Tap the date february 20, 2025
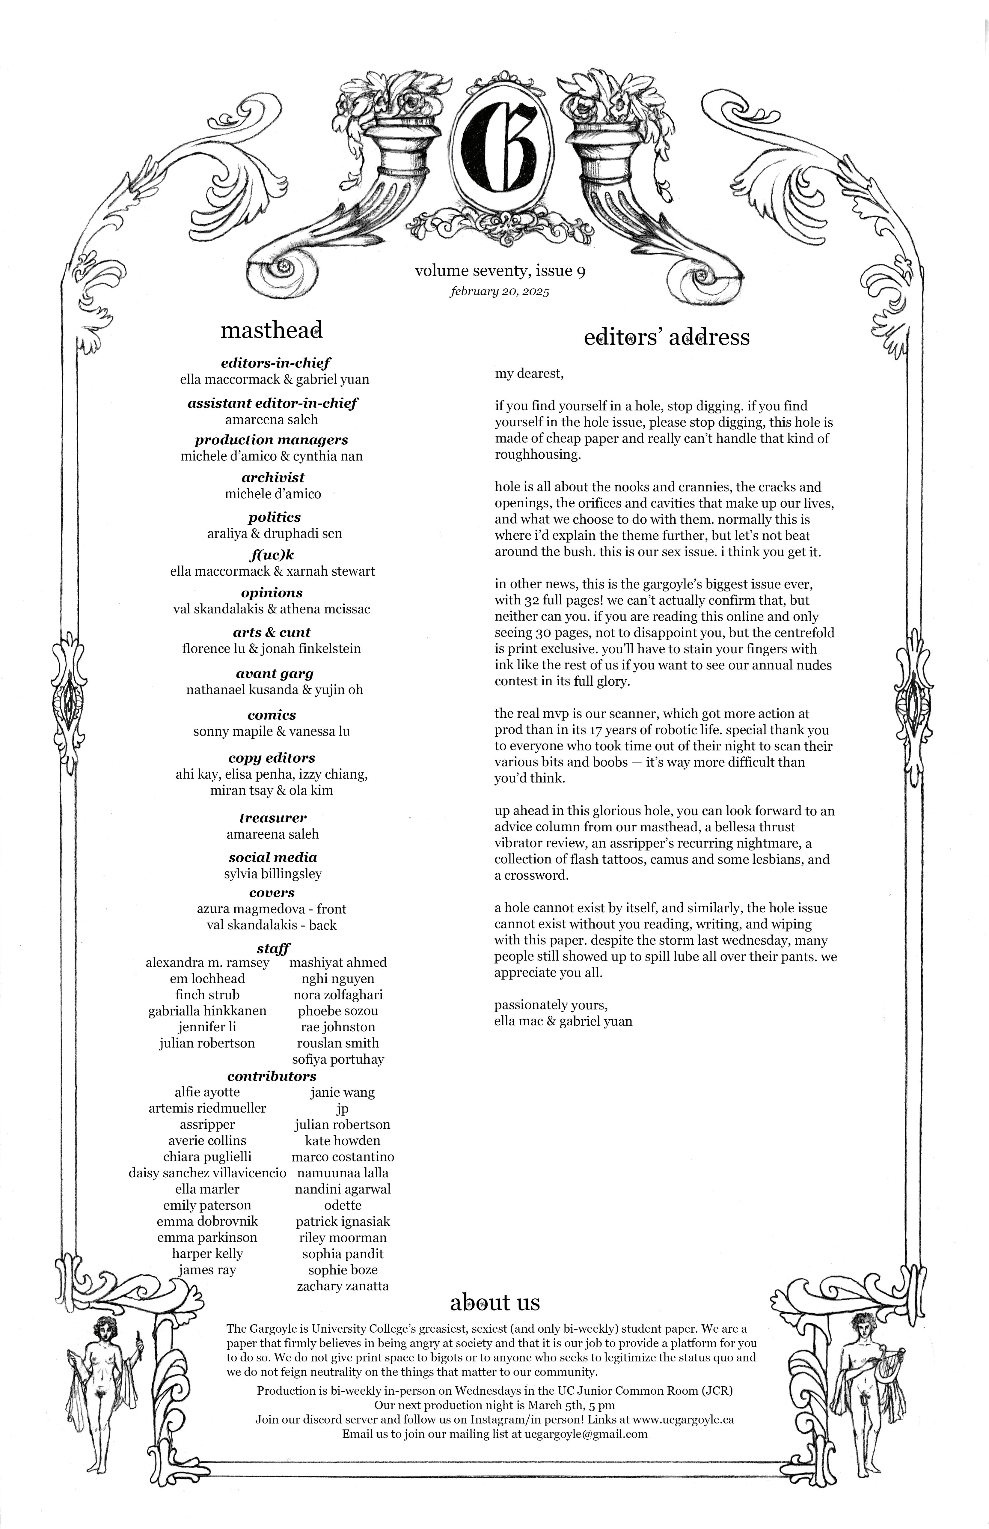pyautogui.click(x=500, y=291)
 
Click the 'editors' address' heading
pyautogui.click(x=667, y=337)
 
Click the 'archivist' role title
pyautogui.click(x=273, y=477)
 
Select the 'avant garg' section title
pyautogui.click(x=274, y=673)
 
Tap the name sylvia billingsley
pyautogui.click(x=273, y=874)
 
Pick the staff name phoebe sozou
pyautogui.click(x=338, y=1011)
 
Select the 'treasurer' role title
pyautogui.click(x=273, y=818)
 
